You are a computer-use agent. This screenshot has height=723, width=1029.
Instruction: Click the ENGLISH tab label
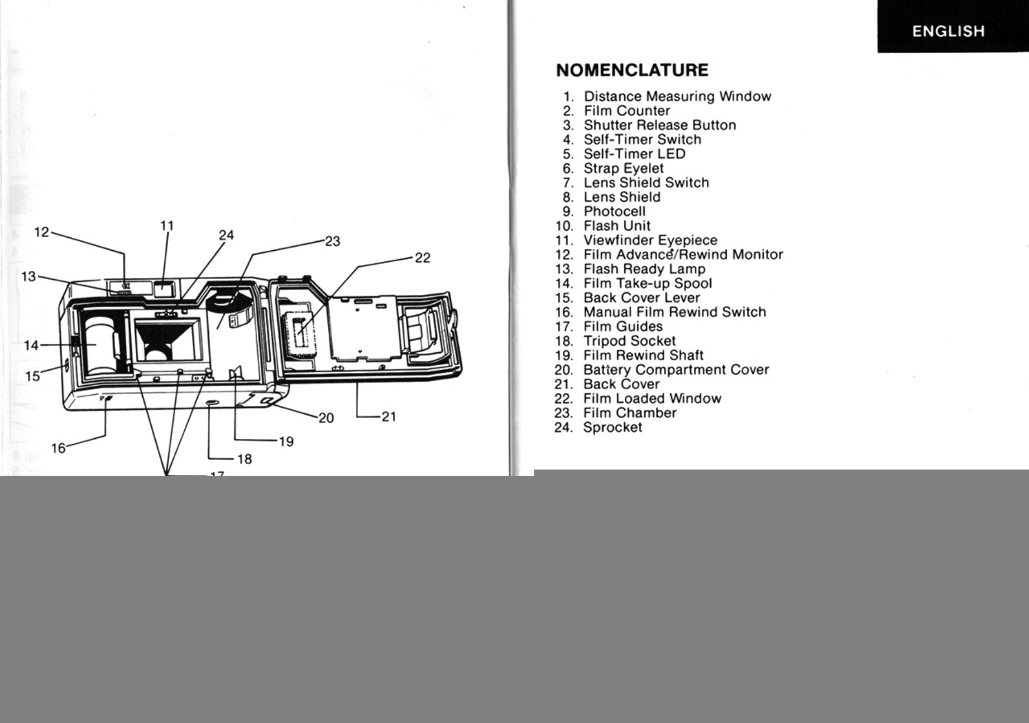pos(948,31)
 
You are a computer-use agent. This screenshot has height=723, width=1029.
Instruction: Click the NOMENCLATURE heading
pos(632,70)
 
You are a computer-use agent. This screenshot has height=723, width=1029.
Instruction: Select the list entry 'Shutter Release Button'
pos(659,125)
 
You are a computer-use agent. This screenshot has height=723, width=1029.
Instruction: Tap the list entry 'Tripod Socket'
pos(629,341)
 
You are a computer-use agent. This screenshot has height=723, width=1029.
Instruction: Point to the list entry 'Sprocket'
pos(612,428)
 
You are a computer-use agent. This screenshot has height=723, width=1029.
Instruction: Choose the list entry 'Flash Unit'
pos(616,226)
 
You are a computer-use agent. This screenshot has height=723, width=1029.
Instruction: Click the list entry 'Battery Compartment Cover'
pos(676,370)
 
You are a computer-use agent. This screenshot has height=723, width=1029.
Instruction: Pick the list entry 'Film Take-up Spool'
pos(648,284)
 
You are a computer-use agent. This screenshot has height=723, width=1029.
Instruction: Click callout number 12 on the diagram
pos(42,232)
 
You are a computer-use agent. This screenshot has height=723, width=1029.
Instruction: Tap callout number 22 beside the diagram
pos(423,258)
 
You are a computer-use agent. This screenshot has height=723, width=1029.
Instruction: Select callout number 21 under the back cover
pos(389,416)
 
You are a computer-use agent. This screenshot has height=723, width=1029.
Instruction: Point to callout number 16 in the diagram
pos(58,448)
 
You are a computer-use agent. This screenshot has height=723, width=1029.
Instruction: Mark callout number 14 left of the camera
pos(31,346)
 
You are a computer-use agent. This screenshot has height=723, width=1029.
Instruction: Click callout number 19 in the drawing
pos(286,442)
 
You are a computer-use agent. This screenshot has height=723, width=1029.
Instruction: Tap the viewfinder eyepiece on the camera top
pos(164,289)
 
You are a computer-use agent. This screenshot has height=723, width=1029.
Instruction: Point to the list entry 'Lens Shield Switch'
pos(646,183)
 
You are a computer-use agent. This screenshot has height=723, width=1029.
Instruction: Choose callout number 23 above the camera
pos(332,241)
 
